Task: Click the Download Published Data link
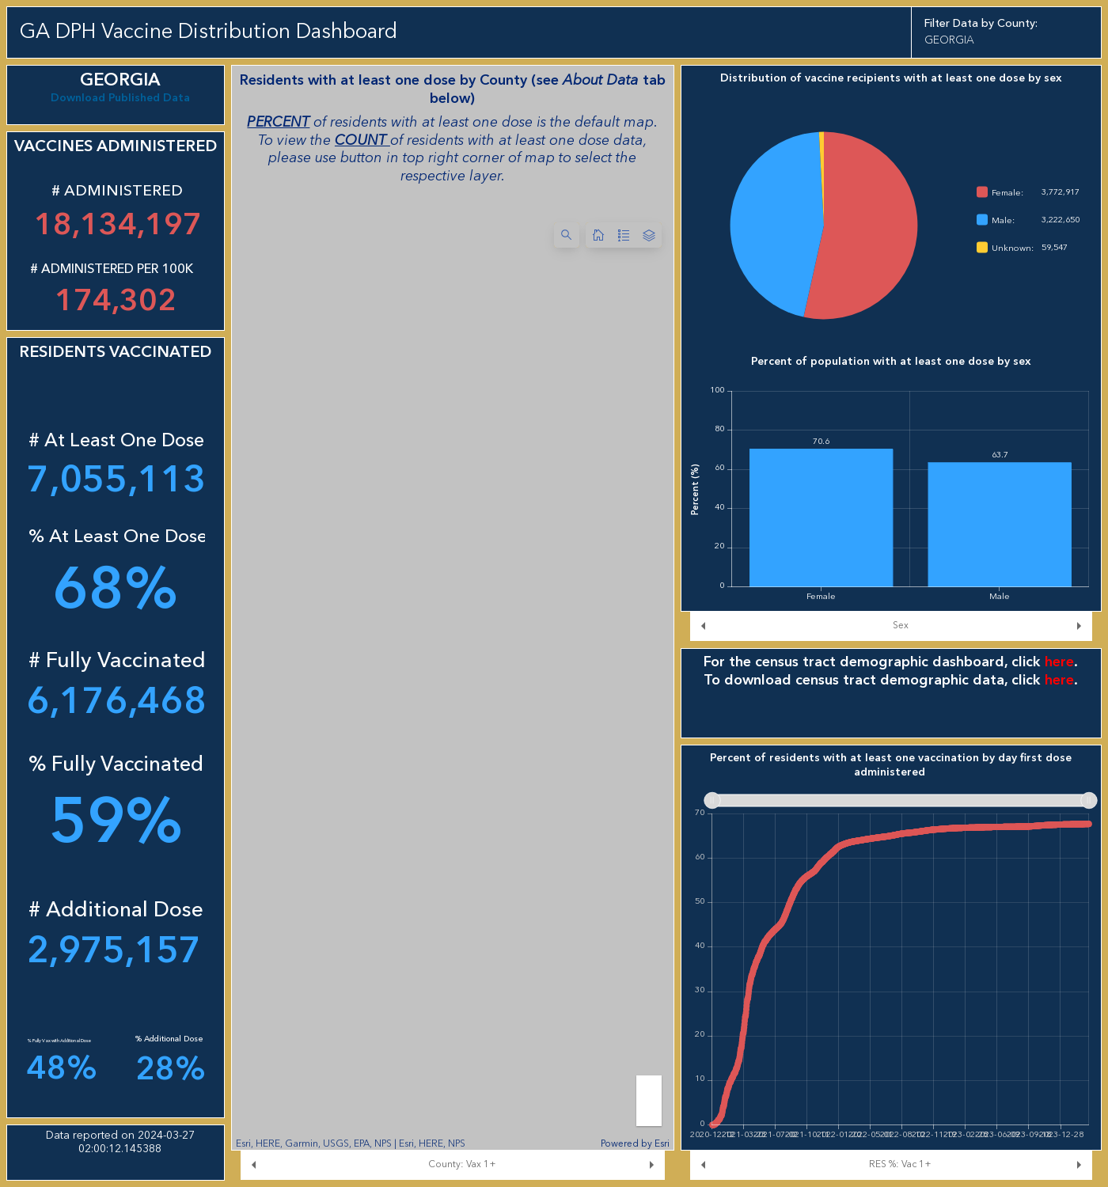tap(120, 98)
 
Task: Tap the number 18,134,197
tap(117, 224)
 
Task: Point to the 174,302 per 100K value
tap(116, 300)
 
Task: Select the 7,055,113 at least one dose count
tap(116, 479)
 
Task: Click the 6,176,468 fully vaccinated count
tap(116, 700)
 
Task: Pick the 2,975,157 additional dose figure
tap(114, 950)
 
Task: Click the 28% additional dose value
tap(170, 1068)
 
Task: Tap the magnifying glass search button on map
tap(566, 235)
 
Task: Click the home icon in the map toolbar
tap(598, 235)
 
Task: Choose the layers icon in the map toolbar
tap(649, 235)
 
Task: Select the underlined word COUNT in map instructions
tap(361, 140)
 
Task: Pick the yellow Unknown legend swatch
tap(982, 248)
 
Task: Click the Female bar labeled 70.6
tap(821, 518)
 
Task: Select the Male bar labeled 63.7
tap(999, 524)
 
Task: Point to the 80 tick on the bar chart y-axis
tap(719, 429)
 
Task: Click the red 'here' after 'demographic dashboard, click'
tap(1058, 662)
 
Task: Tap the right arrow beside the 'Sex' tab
tap(1078, 626)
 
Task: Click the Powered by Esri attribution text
tap(635, 1143)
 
